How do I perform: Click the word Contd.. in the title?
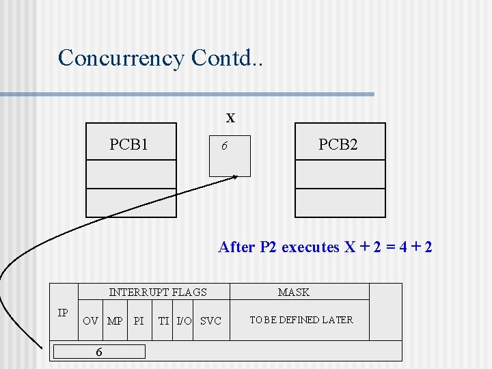[x=228, y=57]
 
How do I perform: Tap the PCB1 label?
[x=129, y=145]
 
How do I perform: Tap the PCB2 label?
[x=338, y=145]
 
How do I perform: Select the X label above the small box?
[x=231, y=118]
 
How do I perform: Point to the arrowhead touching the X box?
[x=234, y=177]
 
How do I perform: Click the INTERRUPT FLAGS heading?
[x=158, y=292]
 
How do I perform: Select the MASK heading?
[x=294, y=292]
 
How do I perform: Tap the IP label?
[x=63, y=313]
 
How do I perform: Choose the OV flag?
[x=90, y=320]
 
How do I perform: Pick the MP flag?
[x=115, y=320]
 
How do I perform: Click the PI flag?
[x=139, y=320]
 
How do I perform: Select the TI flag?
[x=164, y=320]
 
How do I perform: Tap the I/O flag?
[x=184, y=320]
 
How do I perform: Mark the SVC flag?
[x=210, y=320]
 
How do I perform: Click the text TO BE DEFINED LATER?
[x=301, y=320]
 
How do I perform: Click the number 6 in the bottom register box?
[x=100, y=352]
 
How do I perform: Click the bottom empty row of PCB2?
[x=340, y=202]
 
